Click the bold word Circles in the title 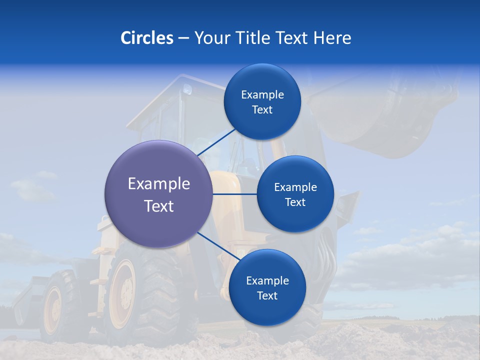pyautogui.click(x=146, y=38)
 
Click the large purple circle pyautogui.click(x=159, y=194)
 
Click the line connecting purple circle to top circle pyautogui.click(x=216, y=142)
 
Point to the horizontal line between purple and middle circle pyautogui.click(x=234, y=194)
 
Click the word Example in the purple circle pyautogui.click(x=159, y=183)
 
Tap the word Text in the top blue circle pyautogui.click(x=262, y=110)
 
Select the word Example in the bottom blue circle pyautogui.click(x=267, y=280)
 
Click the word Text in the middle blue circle pyautogui.click(x=295, y=202)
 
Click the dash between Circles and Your pyautogui.click(x=183, y=38)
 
